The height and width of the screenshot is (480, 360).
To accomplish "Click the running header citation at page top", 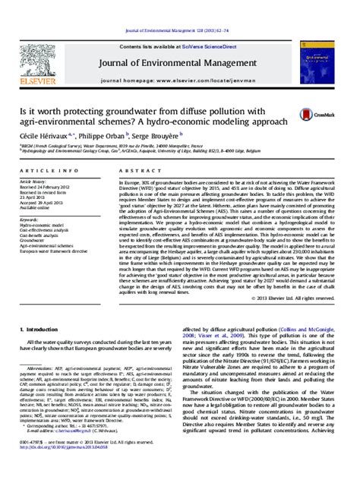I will pyautogui.click(x=179, y=7).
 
